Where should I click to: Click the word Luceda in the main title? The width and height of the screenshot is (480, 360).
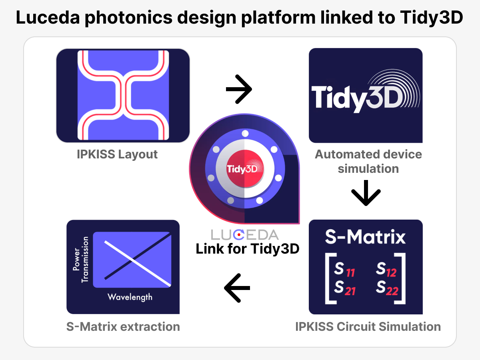tap(48, 18)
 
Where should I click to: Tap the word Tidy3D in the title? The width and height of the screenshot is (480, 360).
tap(432, 18)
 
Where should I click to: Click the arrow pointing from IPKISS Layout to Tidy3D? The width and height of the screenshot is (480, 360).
tap(239, 89)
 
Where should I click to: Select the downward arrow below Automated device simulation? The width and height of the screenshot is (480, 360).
tap(366, 193)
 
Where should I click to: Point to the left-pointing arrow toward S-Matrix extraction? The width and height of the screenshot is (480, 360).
tap(237, 288)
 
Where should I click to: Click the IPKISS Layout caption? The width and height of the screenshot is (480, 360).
tap(117, 154)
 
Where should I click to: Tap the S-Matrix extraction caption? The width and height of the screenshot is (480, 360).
tap(123, 326)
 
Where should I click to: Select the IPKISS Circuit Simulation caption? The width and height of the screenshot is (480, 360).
tap(368, 326)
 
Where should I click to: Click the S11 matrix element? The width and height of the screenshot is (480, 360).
tap(344, 270)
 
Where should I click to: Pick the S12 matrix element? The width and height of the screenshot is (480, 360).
tap(386, 270)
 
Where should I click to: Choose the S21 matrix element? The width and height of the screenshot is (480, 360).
tap(345, 288)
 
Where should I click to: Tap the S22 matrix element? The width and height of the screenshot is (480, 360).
tap(387, 288)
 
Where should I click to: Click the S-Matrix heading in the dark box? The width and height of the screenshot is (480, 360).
tap(365, 237)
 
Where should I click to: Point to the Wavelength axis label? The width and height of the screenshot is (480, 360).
tap(130, 297)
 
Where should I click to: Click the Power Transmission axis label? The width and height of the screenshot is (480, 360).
tap(81, 260)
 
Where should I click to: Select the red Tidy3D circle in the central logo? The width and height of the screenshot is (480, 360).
tap(245, 168)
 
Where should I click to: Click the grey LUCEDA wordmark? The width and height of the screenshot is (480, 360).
tap(245, 234)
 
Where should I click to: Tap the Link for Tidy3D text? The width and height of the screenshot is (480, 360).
tap(248, 249)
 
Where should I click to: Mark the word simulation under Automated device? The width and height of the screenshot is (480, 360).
tap(368, 169)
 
